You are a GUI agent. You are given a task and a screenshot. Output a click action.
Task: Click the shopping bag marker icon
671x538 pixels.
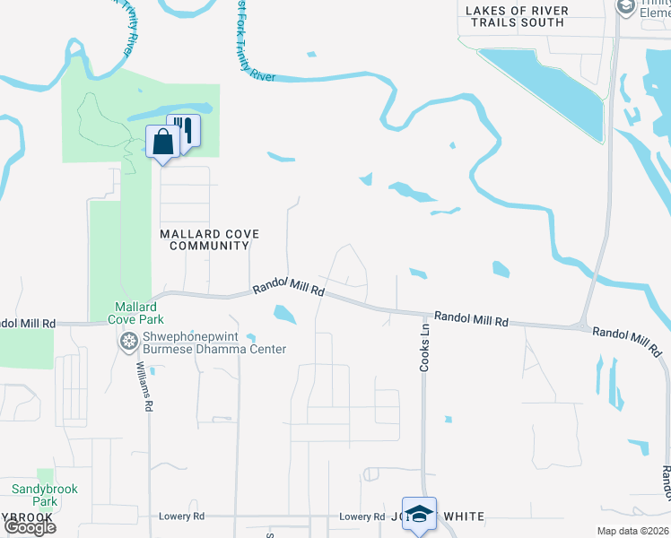(162, 143)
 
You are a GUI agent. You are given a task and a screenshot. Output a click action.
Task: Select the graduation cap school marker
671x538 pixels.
(419, 514)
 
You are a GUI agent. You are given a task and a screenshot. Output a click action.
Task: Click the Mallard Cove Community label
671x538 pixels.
(209, 239)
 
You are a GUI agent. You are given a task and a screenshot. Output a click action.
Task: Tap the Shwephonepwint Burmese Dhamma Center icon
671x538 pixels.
(129, 342)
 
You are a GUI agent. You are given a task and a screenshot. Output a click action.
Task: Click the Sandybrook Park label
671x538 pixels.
(45, 495)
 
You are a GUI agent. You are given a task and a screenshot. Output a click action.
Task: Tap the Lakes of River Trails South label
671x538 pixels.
(516, 16)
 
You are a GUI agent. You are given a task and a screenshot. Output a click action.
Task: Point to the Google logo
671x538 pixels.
(30, 527)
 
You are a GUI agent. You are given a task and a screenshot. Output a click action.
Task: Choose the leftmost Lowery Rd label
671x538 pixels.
(181, 516)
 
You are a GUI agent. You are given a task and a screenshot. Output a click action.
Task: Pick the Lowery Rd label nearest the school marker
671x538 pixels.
(362, 516)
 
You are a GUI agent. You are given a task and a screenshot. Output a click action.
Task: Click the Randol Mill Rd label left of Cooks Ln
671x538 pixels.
(287, 287)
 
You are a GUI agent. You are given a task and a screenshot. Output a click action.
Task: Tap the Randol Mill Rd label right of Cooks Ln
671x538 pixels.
(471, 318)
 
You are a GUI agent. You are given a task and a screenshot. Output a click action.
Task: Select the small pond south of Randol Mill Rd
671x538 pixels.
(284, 314)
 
